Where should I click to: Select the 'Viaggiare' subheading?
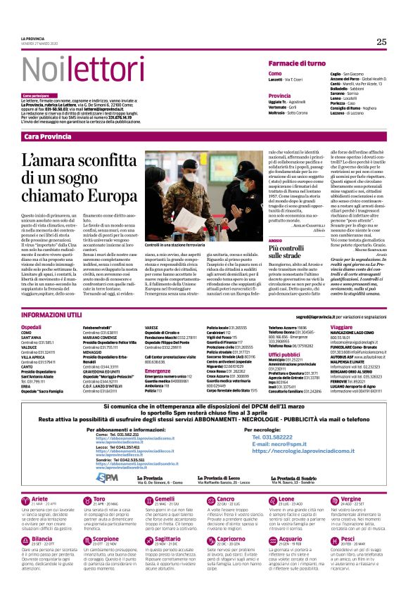[x=341, y=327]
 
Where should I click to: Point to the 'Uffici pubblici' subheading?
[x=284, y=355]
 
